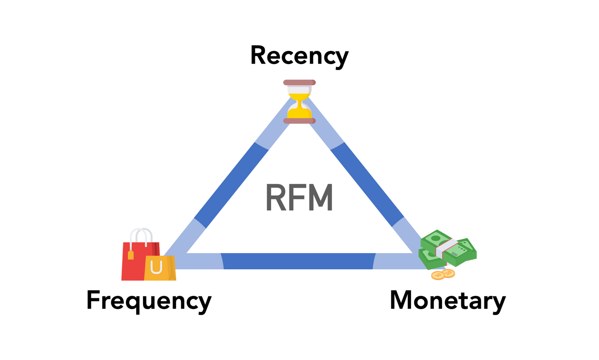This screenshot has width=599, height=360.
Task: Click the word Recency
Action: (299, 56)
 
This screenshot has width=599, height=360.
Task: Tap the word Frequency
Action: (149, 300)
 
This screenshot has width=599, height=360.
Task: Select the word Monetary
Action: (447, 300)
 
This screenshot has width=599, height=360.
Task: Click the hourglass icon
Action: (299, 102)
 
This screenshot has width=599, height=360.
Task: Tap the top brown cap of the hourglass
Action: (299, 82)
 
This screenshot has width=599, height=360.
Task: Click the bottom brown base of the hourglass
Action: (299, 121)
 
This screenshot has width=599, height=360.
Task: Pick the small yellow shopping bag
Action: (160, 269)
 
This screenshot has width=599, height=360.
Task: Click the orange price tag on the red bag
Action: (131, 255)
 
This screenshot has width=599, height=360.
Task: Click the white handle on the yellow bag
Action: (156, 267)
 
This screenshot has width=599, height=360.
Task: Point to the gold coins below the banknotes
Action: (443, 275)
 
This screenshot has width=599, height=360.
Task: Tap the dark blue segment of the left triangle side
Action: (231, 185)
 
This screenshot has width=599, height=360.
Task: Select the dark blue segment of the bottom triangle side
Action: (298, 261)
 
